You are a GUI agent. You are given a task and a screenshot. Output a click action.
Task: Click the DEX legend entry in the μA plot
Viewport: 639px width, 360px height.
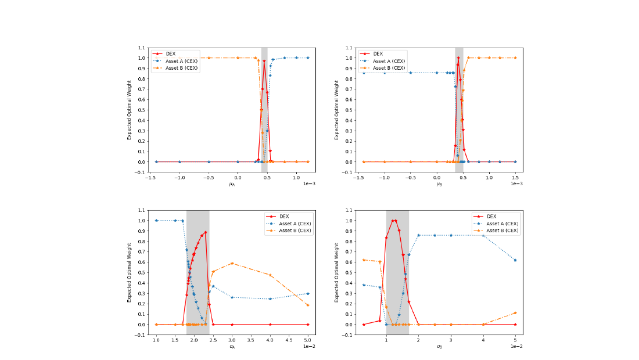click(164, 54)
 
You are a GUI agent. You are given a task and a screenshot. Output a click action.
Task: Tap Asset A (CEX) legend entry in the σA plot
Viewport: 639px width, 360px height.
click(289, 224)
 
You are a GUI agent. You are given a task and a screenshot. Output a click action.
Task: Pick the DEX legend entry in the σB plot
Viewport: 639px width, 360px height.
click(485, 216)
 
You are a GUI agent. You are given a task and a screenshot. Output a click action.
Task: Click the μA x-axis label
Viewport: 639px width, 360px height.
click(232, 184)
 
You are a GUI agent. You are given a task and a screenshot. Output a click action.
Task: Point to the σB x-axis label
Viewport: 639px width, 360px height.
click(439, 347)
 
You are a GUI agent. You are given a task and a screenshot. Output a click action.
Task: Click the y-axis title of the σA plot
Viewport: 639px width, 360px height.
click(129, 272)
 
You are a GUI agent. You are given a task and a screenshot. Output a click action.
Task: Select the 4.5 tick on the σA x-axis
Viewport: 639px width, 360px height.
click(289, 340)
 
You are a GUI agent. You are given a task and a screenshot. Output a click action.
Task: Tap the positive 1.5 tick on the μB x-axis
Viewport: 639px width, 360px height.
click(515, 177)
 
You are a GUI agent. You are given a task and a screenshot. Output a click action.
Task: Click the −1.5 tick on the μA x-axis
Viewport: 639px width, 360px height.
click(150, 177)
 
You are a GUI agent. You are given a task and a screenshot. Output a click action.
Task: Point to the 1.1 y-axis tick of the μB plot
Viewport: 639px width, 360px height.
click(349, 48)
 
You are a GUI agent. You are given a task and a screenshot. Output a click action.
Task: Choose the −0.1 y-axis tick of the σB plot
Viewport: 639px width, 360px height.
click(347, 335)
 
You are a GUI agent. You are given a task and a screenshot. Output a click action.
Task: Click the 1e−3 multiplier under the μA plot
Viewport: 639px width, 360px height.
click(309, 183)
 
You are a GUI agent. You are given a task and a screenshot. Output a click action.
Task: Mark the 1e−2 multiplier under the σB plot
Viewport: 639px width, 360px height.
click(517, 346)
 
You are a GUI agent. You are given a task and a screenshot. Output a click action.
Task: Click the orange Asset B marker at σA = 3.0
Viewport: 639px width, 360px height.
click(232, 264)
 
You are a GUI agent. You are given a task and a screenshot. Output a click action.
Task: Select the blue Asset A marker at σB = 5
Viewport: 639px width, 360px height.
click(515, 260)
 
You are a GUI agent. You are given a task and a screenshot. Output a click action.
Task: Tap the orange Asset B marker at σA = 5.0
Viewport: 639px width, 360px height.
click(308, 305)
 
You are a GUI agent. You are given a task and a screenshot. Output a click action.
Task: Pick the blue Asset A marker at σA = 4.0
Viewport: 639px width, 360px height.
click(270, 299)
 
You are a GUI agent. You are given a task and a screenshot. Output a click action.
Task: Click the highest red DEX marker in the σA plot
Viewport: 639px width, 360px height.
click(206, 232)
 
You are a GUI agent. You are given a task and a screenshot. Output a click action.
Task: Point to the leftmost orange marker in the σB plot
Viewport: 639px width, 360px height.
click(364, 260)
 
